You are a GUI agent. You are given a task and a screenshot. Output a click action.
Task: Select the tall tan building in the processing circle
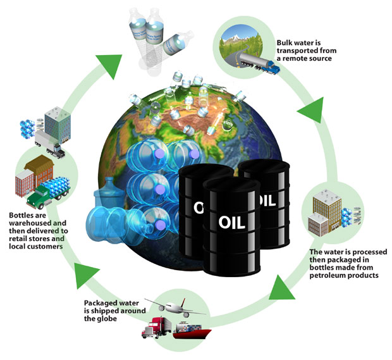pyautogui.click(x=326, y=209)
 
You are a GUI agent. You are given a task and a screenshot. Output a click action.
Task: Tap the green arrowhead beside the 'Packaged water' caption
pyautogui.click(x=88, y=273)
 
